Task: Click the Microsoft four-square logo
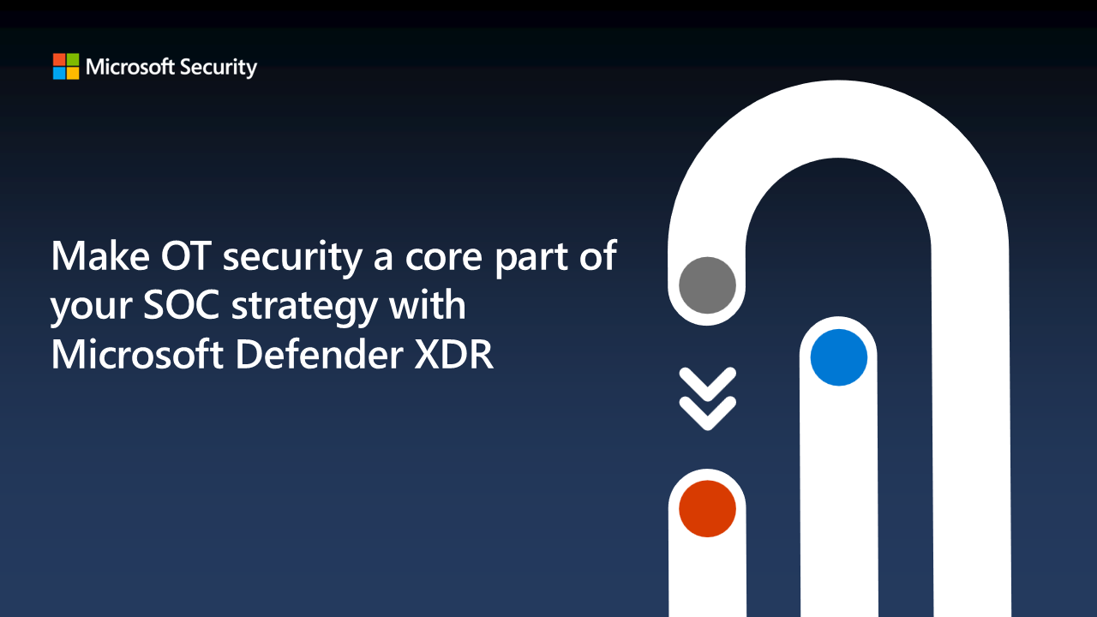pyautogui.click(x=66, y=67)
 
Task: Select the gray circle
pyautogui.click(x=707, y=285)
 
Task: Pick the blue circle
pyautogui.click(x=838, y=357)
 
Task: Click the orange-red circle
pyautogui.click(x=707, y=508)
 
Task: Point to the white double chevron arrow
pyautogui.click(x=707, y=398)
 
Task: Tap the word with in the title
pyautogui.click(x=433, y=305)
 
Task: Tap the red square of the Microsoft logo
pyautogui.click(x=59, y=60)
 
